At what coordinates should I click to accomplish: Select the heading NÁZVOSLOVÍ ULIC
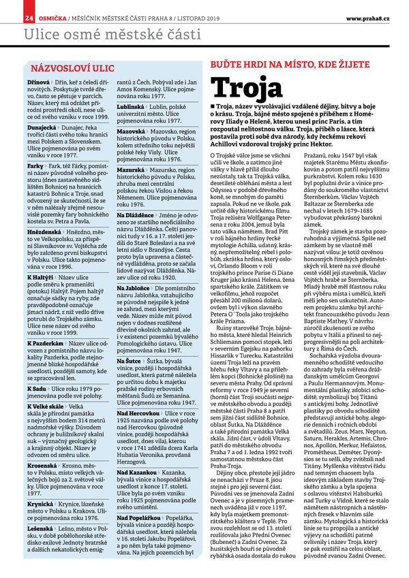68,69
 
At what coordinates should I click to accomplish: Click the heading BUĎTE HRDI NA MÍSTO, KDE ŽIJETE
293,63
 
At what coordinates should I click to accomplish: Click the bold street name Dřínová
39,83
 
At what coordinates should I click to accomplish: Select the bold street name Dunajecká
42,127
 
